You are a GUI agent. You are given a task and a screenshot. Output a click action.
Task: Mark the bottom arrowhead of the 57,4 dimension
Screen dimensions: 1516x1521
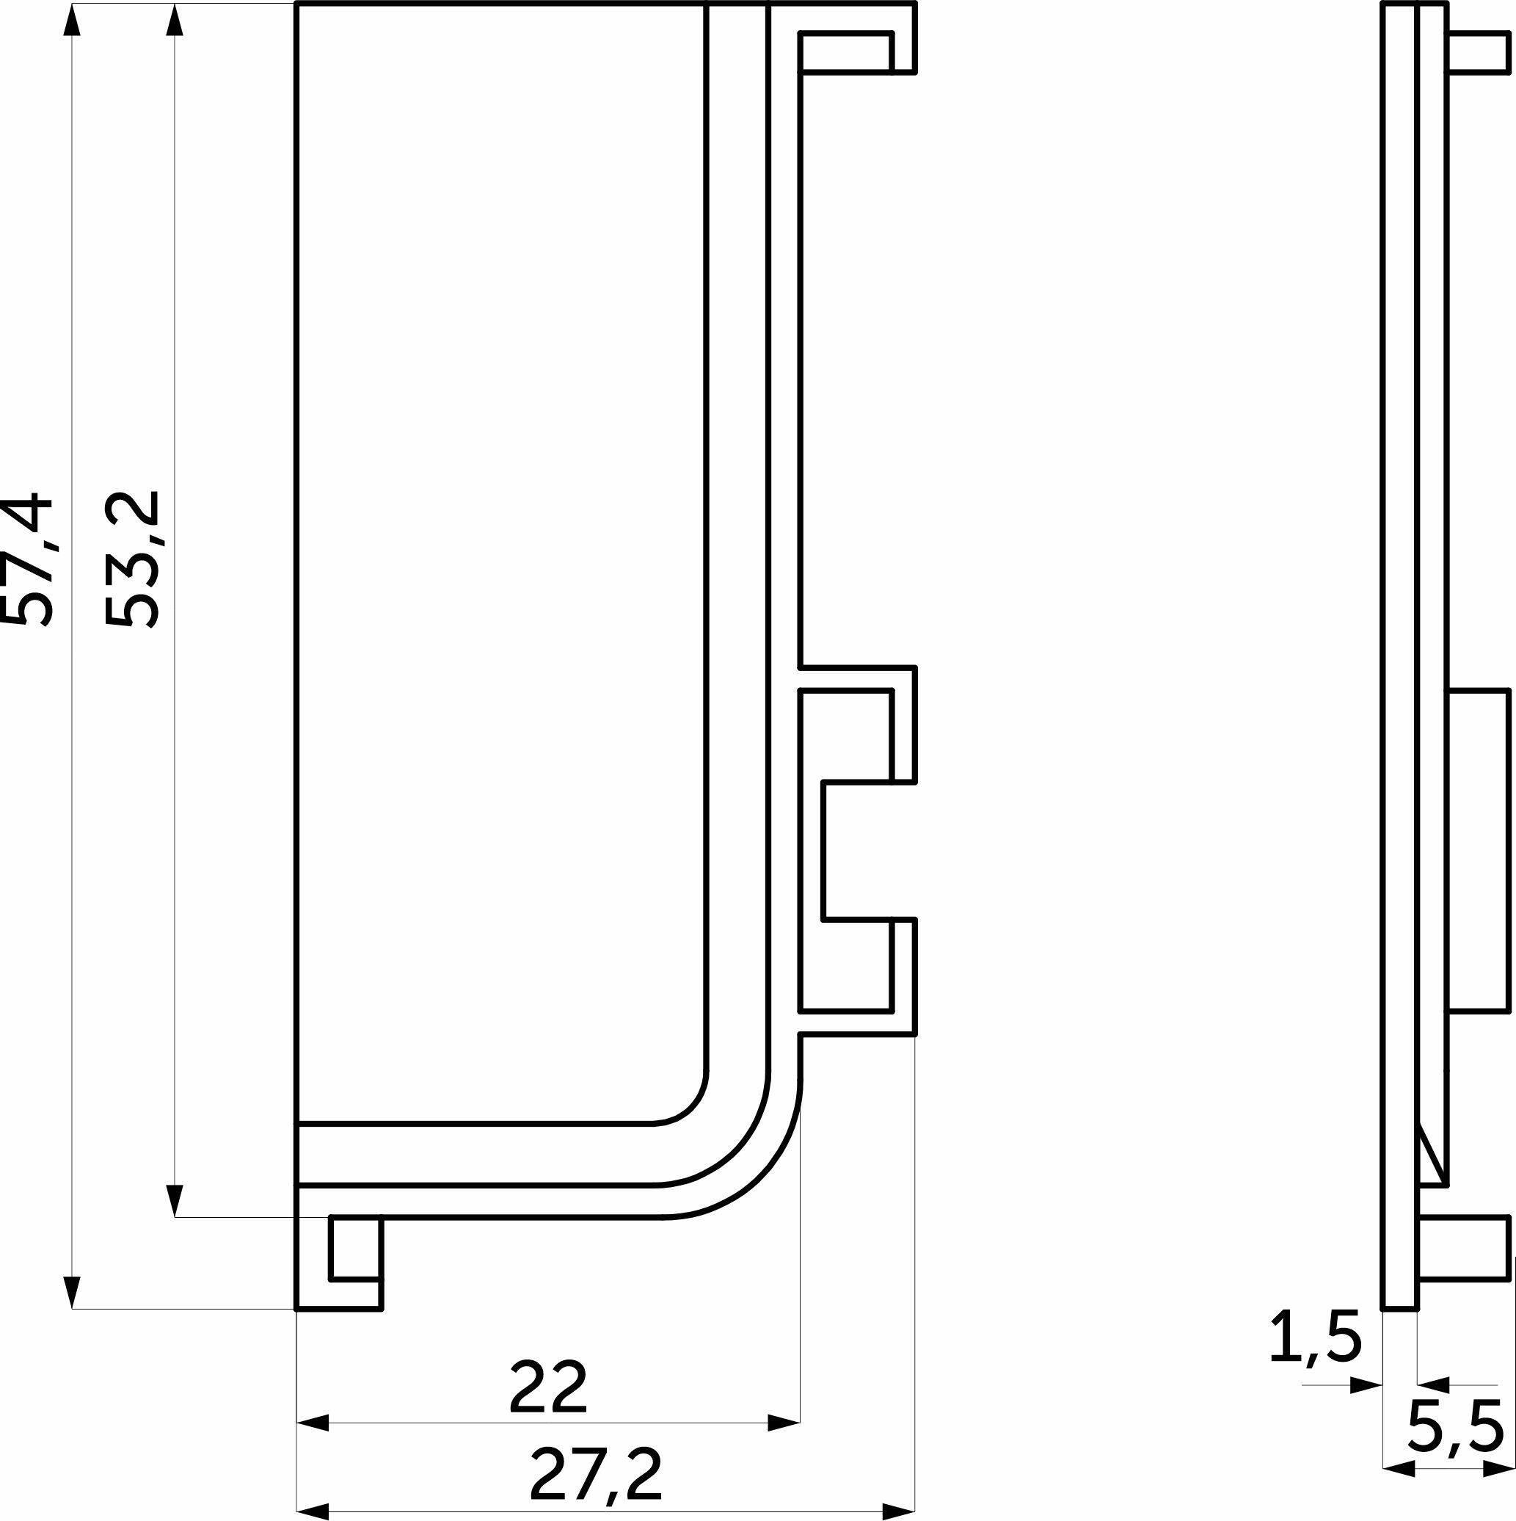pyautogui.click(x=72, y=1291)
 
